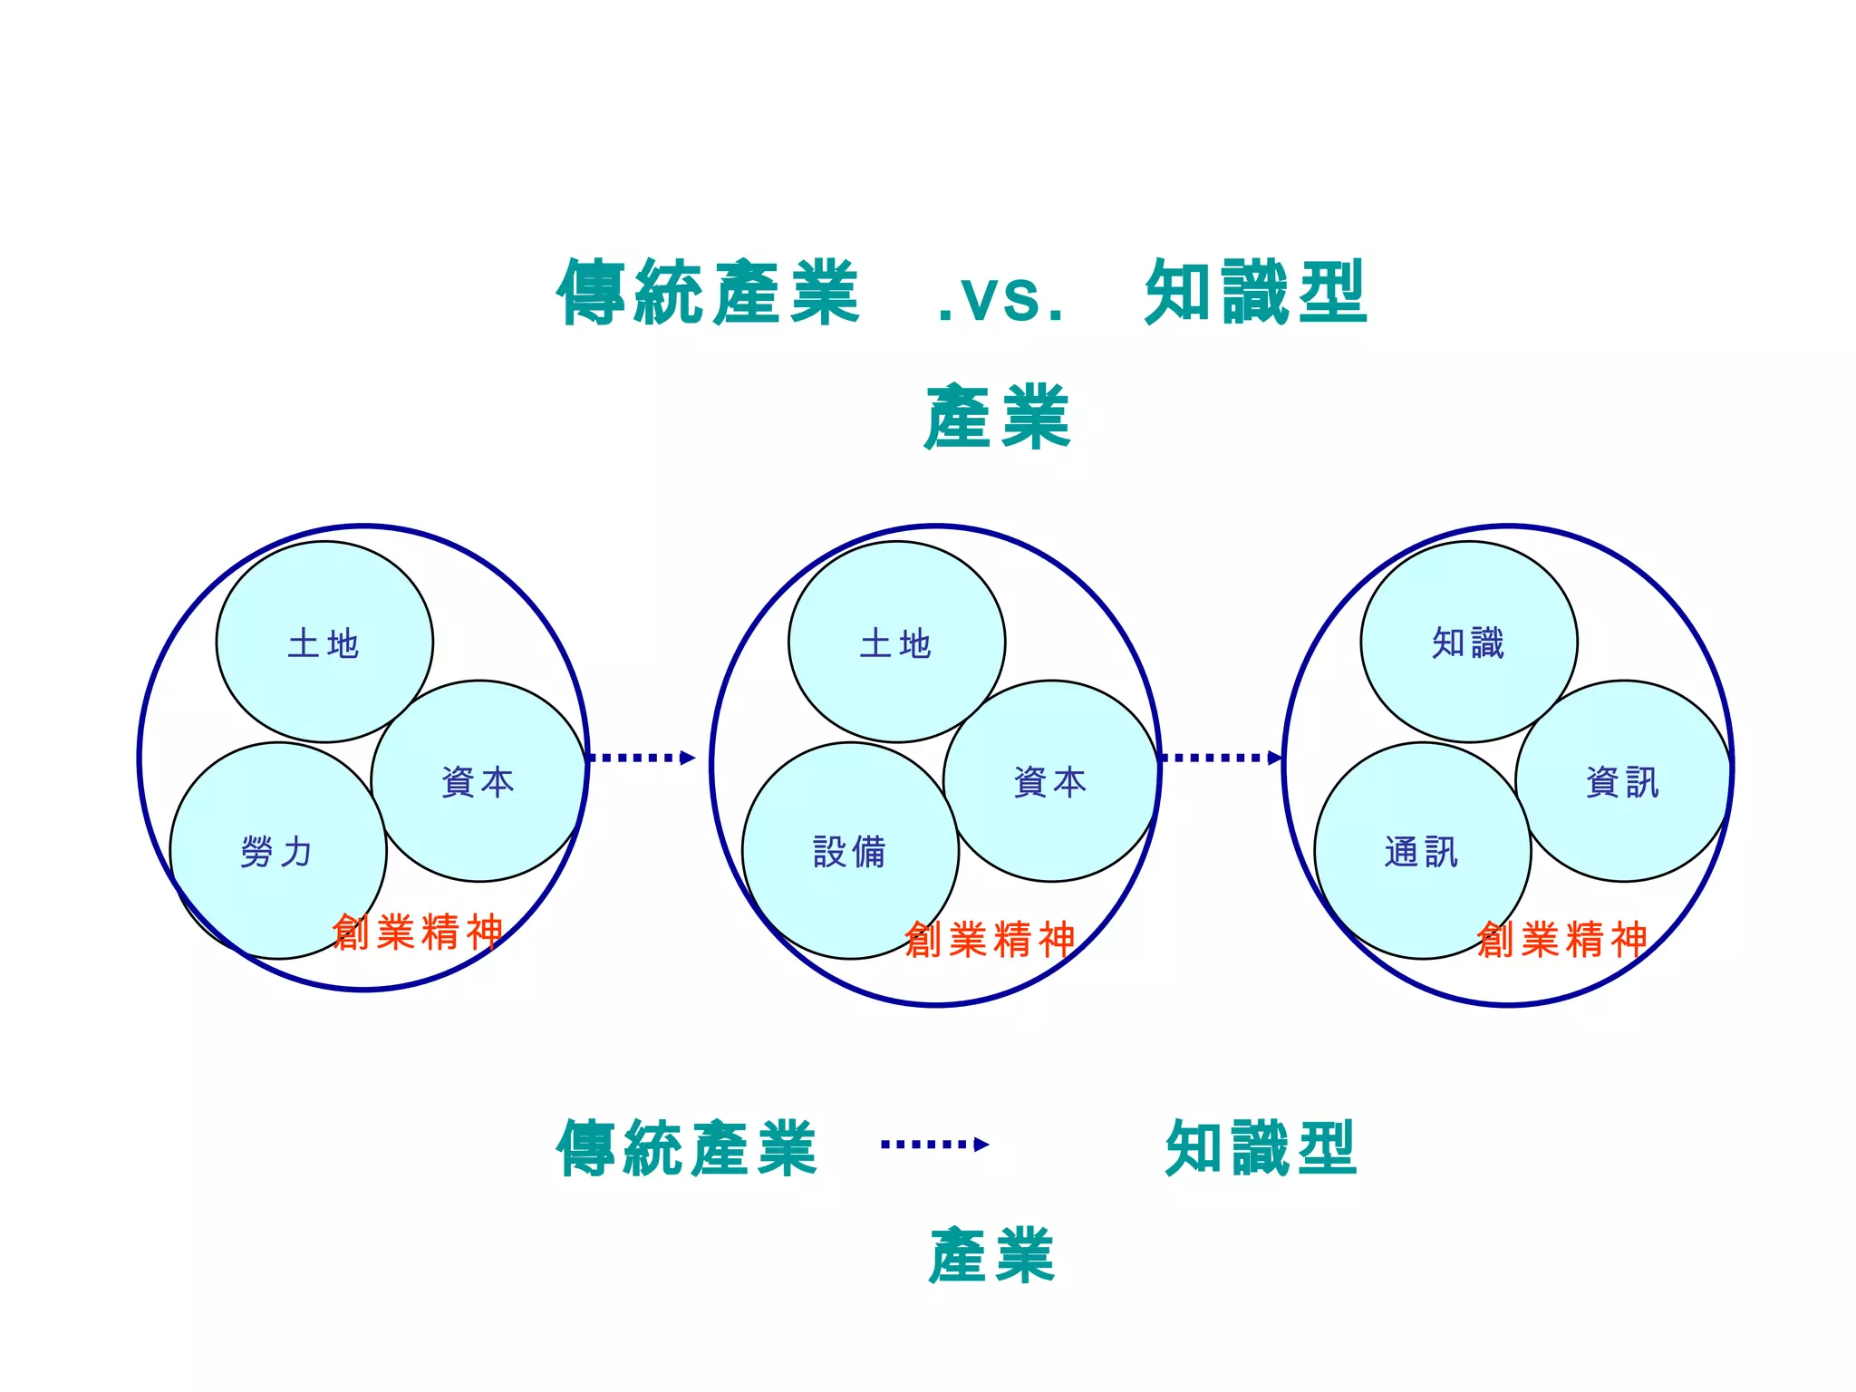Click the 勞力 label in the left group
[x=276, y=852]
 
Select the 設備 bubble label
[x=849, y=852]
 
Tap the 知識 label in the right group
[x=1468, y=643]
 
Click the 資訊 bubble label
[x=1622, y=781]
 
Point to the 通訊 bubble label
[x=1421, y=852]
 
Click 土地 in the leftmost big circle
[x=324, y=643]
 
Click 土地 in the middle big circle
[x=895, y=643]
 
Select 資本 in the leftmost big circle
[x=478, y=781]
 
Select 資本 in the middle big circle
[x=1049, y=781]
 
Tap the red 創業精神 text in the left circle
[x=418, y=932]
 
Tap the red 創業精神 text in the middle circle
[x=990, y=939]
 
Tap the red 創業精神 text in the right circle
[x=1561, y=939]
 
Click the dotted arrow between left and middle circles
[x=642, y=758]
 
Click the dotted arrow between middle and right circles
[x=1221, y=758]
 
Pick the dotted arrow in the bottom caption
[x=934, y=1145]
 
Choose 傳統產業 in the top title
[x=708, y=292]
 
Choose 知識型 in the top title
[x=1256, y=292]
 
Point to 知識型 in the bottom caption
[x=1261, y=1147]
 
